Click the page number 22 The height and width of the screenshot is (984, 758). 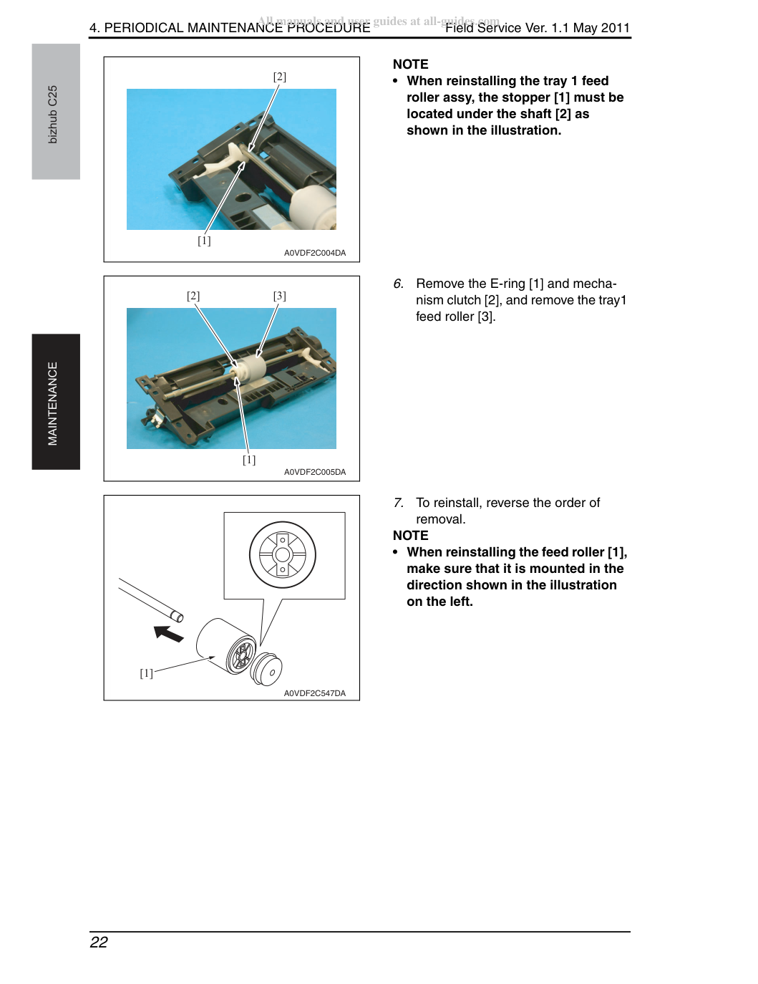[x=99, y=942]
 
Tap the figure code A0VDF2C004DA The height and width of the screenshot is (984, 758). [x=314, y=253]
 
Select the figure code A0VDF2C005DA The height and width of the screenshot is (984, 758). [x=314, y=472]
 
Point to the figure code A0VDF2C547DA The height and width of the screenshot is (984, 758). [x=314, y=693]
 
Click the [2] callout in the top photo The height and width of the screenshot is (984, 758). [x=280, y=77]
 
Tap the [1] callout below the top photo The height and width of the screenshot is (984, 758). [x=204, y=241]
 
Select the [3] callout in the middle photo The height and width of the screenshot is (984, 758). [x=280, y=296]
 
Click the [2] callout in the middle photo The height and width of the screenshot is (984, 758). [x=193, y=296]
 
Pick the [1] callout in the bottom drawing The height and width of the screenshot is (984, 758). [x=146, y=673]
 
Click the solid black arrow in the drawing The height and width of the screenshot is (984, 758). [x=168, y=633]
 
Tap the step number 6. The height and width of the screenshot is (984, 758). [x=398, y=284]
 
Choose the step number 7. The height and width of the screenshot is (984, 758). [x=398, y=503]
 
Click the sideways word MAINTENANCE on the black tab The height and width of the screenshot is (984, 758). [x=52, y=403]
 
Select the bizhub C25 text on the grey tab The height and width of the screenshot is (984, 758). [x=52, y=115]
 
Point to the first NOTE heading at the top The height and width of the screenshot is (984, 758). [x=410, y=64]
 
